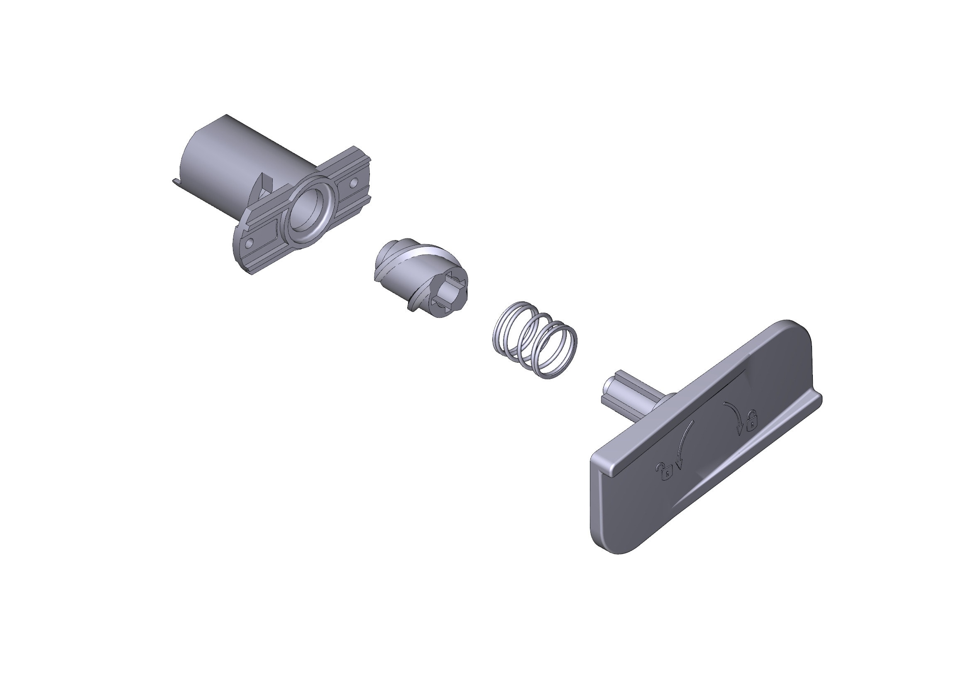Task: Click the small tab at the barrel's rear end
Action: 176,182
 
